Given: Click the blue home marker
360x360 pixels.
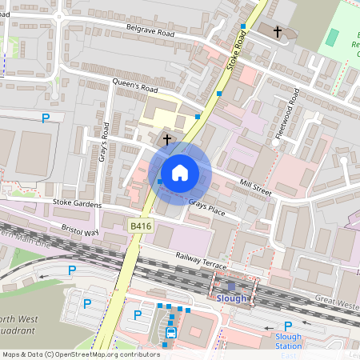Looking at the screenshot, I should [x=180, y=173].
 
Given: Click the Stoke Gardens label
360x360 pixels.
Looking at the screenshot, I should [x=77, y=205].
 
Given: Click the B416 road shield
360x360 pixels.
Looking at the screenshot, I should [x=141, y=228].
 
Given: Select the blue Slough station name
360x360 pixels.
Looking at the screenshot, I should [x=232, y=298].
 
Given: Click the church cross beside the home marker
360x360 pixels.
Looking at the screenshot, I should [x=167, y=140].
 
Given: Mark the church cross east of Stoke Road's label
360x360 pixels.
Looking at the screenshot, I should [x=278, y=32].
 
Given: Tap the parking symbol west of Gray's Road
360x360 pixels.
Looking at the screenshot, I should [x=46, y=118].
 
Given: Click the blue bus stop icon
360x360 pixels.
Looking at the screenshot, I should [x=170, y=333].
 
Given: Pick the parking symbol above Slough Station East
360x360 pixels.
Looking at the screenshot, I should [x=288, y=326].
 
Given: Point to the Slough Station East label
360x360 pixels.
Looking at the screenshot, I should [x=288, y=342].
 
